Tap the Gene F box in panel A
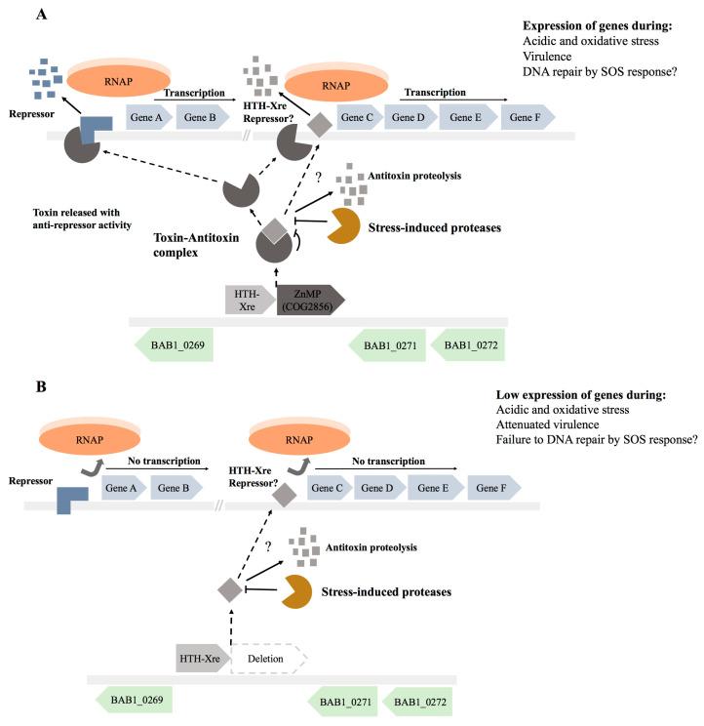tap(528, 118)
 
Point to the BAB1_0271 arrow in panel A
tap(385, 345)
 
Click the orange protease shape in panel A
tap(341, 225)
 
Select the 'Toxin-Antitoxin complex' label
tap(180, 244)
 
